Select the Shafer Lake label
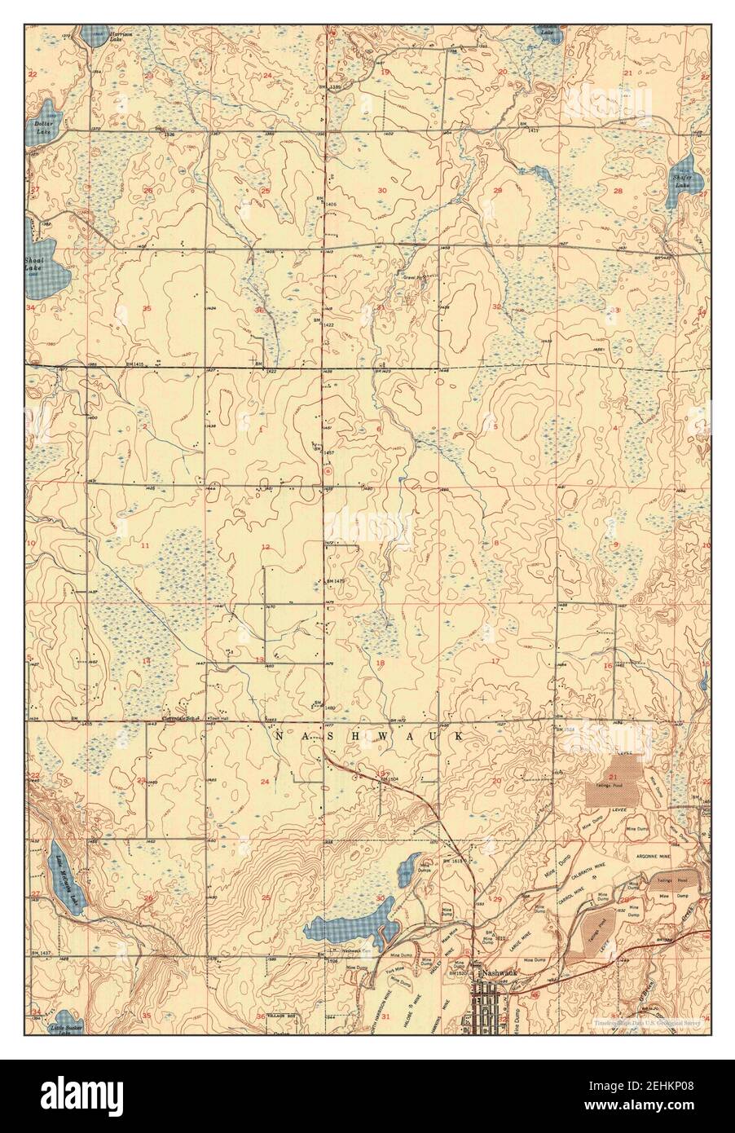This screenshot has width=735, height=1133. click(x=682, y=179)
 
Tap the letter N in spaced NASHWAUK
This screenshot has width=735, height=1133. click(x=279, y=736)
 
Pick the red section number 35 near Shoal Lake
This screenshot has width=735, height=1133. click(x=147, y=309)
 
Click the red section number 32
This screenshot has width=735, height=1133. click(x=496, y=306)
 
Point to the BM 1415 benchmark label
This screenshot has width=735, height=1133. click(x=140, y=364)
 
